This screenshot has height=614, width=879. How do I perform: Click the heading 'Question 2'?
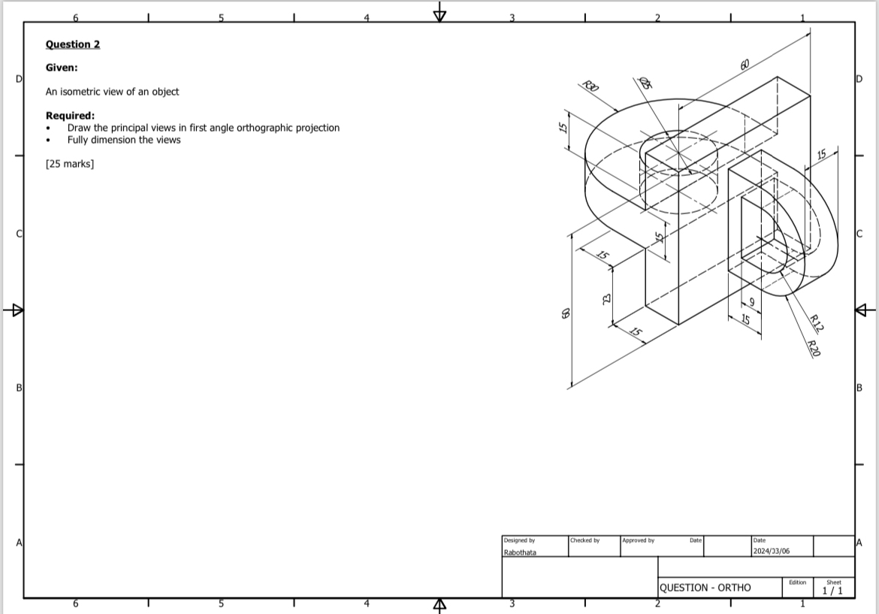73,44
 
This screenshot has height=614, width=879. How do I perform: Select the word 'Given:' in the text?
62,68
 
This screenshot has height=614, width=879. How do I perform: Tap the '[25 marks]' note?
70,163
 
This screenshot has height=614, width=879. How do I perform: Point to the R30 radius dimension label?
591,86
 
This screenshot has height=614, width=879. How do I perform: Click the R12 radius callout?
817,325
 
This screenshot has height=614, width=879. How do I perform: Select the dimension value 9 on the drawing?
751,303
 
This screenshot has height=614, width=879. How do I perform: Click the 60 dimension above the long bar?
745,65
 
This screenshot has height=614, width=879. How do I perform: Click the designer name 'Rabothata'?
520,552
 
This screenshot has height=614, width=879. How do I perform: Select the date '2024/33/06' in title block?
772,552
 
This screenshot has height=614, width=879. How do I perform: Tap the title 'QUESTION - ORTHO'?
705,588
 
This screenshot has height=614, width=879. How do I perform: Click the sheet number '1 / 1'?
832,591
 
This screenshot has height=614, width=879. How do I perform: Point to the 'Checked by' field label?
585,540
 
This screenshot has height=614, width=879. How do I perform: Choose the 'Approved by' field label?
639,540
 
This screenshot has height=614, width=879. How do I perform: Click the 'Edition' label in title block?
797,582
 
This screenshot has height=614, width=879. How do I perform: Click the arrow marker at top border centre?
439,14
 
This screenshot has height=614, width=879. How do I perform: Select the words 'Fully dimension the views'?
124,140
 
